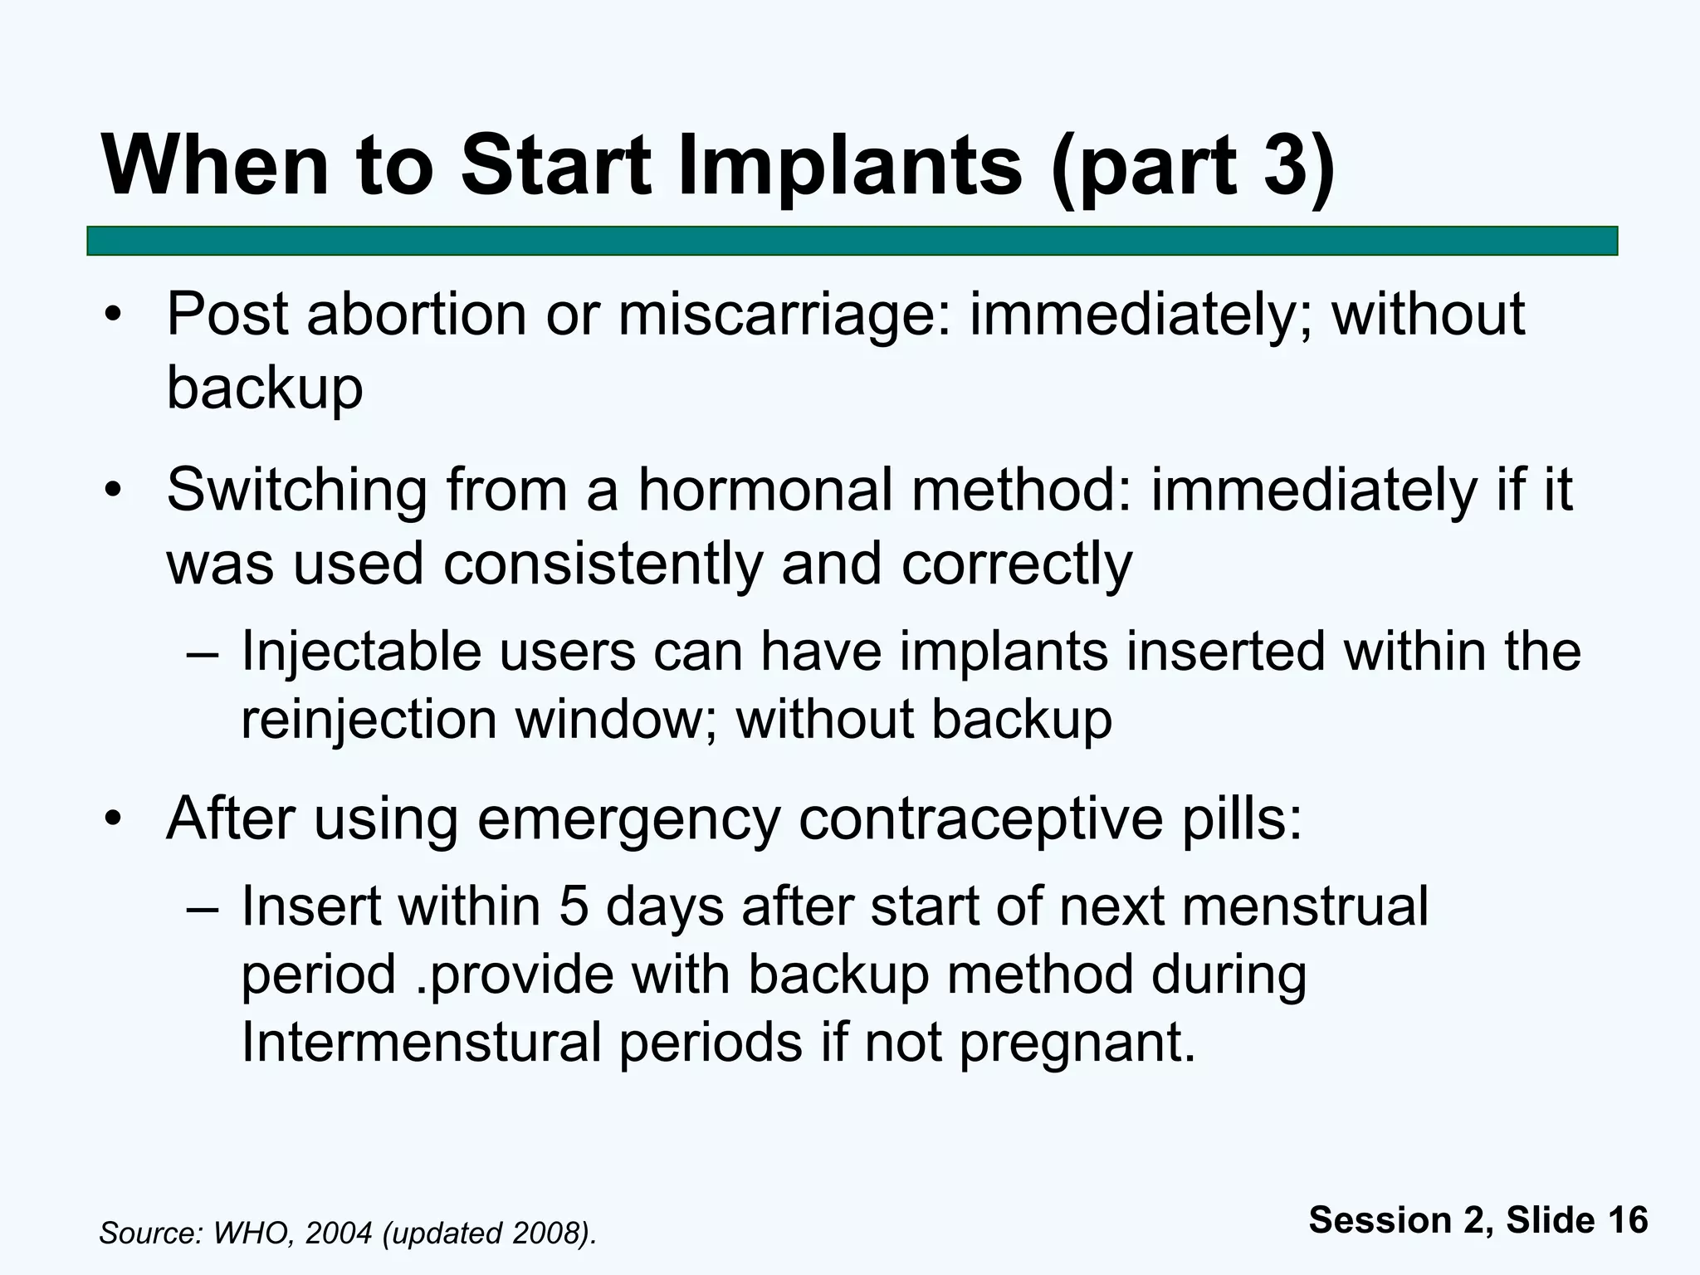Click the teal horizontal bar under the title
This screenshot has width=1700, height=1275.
[852, 241]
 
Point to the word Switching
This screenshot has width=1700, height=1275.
[296, 491]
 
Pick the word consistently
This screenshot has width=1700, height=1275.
[603, 564]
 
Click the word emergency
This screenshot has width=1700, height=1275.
[628, 820]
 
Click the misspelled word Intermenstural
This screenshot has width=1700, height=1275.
[421, 1042]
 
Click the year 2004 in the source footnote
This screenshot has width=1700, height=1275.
[338, 1233]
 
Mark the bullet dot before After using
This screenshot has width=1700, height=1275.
[113, 820]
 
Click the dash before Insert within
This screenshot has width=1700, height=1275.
[203, 906]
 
